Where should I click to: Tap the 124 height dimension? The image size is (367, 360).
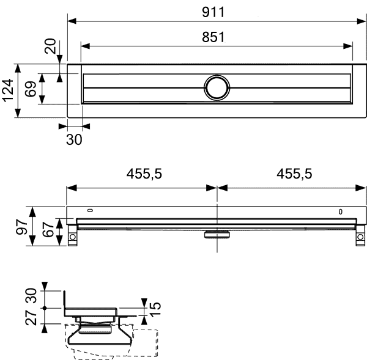[x=8, y=90]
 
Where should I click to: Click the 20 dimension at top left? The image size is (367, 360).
[x=51, y=47]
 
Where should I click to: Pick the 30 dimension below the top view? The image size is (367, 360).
[x=74, y=139]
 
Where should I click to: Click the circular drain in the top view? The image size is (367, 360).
[x=216, y=87]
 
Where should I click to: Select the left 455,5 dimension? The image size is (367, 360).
[x=144, y=174]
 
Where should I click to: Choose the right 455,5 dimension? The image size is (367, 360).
[x=294, y=174]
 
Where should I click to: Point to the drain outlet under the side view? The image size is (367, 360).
[x=216, y=233]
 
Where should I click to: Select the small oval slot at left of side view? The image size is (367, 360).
[x=91, y=211]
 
